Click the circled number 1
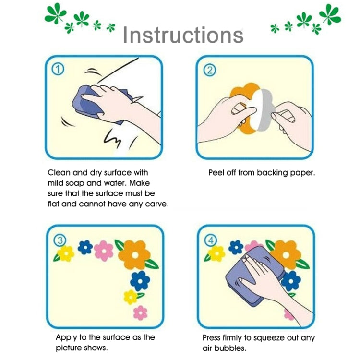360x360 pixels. click(58, 70)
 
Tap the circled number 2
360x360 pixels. click(210, 70)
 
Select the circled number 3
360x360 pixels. click(60, 240)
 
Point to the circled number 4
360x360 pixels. click(211, 240)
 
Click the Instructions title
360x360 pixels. click(183, 35)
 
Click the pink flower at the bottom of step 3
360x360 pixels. click(140, 313)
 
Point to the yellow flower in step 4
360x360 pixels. click(216, 253)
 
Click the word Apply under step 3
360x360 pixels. click(66, 337)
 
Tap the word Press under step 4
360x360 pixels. click(212, 338)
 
